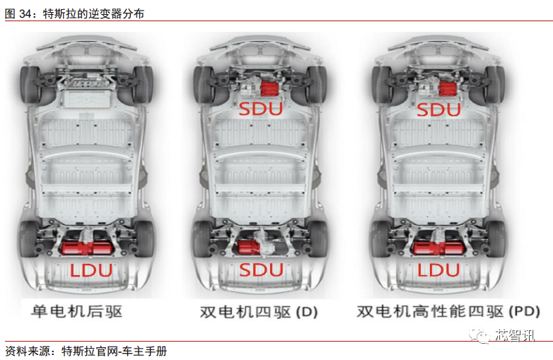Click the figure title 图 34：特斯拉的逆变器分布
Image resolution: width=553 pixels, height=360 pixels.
pyautogui.click(x=74, y=13)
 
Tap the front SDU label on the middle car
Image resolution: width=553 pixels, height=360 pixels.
pyautogui.click(x=260, y=109)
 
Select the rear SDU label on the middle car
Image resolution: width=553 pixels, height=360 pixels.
pyautogui.click(x=260, y=269)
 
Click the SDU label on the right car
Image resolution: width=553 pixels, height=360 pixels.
pyautogui.click(x=438, y=109)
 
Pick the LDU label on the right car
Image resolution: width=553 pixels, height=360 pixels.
pyautogui.click(x=438, y=269)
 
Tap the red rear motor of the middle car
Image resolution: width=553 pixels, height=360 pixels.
pyautogui.click(x=248, y=247)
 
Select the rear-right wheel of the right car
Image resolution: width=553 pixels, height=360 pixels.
pyautogui.click(x=499, y=238)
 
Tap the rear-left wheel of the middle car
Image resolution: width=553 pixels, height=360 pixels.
pyautogui.click(x=204, y=238)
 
